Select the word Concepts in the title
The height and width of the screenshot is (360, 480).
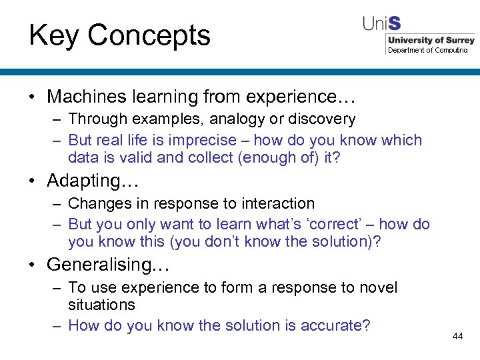pos(149,35)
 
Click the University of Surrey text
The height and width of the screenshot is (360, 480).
pos(431,40)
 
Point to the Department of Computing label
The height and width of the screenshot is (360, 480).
pos(428,50)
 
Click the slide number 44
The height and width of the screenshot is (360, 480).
pos(457,336)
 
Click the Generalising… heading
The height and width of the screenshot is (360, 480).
pos(109,265)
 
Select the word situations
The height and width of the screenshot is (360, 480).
pos(101,305)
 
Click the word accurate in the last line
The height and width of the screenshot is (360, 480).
pos(333,325)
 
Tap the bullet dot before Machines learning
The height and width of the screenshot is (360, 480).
pos(32,97)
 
